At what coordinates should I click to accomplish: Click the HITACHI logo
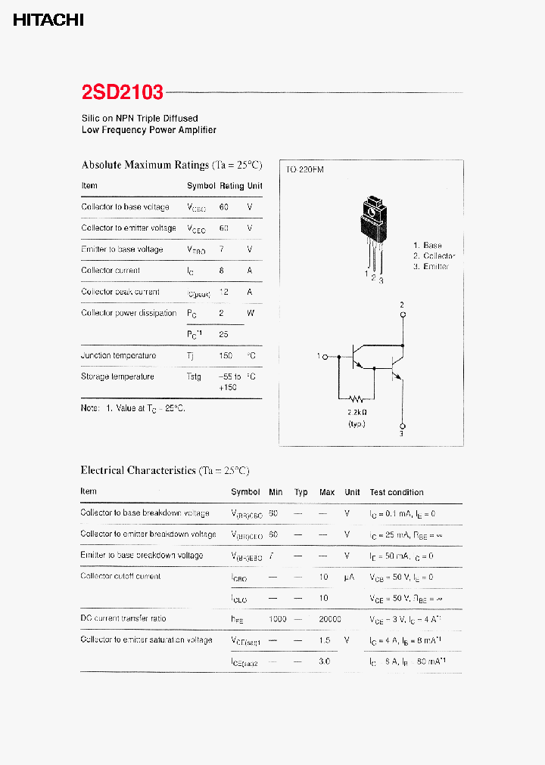coord(48,20)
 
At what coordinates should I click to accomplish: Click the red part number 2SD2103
coord(122,92)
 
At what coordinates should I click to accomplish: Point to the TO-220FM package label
coord(304,170)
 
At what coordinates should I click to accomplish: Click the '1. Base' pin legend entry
coord(428,245)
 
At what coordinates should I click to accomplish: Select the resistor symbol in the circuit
coord(357,398)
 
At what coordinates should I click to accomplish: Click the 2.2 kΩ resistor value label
coord(357,413)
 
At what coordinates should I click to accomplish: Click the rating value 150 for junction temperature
coord(224,355)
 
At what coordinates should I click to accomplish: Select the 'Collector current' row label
coord(111,270)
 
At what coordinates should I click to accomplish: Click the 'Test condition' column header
coord(397,492)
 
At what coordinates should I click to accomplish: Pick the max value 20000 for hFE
coord(329,618)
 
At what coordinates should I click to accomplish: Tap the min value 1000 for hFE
coord(277,618)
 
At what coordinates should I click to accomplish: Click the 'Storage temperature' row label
coord(117,376)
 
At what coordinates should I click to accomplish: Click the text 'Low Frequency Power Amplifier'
coord(149,130)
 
